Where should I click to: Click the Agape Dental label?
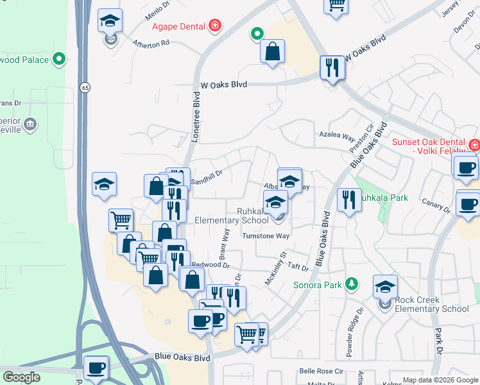178,26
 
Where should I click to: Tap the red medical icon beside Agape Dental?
216,26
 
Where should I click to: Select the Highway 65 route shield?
84,87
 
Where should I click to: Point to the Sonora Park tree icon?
351,284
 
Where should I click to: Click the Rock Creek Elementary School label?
432,304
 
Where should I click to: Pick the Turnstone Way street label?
266,236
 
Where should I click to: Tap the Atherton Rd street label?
151,44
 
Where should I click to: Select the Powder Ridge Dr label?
354,331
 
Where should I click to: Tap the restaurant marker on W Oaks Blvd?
332,67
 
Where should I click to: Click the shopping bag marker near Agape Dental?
273,51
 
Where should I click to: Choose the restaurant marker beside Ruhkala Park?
348,200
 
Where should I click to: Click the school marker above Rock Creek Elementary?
385,286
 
